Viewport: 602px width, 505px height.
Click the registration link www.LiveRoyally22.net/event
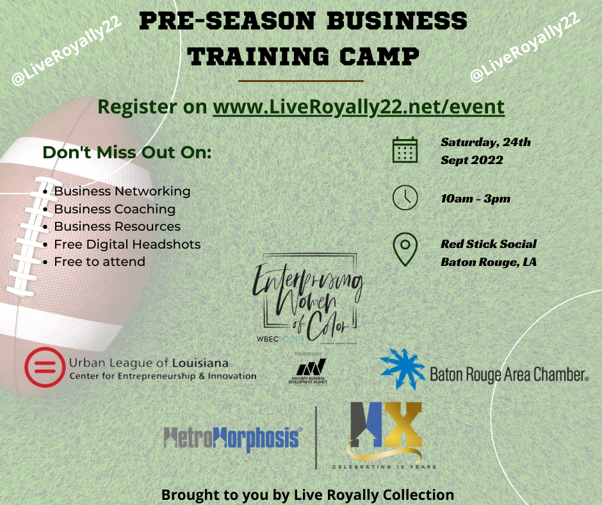pos(359,107)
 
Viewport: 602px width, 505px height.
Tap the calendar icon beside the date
pos(405,151)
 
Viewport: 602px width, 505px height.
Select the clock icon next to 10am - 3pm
pos(405,198)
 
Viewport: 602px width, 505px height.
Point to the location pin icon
pos(405,249)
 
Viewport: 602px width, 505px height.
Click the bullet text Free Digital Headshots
pos(127,244)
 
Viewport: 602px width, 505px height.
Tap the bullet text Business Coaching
pos(115,209)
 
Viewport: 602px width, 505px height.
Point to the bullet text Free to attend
pos(99,261)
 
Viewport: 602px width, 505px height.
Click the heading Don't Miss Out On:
pos(127,153)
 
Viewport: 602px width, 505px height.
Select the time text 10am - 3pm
pos(476,199)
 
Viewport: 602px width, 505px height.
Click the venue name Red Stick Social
pos(489,244)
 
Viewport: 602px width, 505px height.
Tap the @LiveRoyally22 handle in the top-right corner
pos(525,48)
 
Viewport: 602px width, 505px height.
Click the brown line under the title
pos(301,81)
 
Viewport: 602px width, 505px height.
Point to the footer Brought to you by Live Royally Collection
pos(307,495)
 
